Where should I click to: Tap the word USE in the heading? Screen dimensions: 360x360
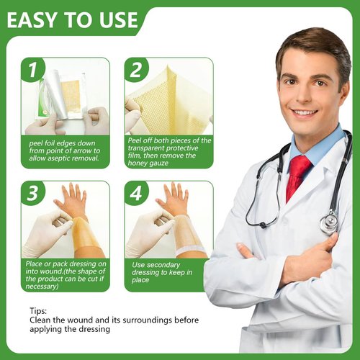point(119,20)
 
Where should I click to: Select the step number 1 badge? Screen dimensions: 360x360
point(33,69)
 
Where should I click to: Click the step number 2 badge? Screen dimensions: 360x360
point(136,69)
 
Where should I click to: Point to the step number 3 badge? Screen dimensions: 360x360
point(33,193)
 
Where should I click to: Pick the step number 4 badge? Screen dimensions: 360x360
point(136,193)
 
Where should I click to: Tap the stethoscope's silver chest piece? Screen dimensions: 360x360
point(330,222)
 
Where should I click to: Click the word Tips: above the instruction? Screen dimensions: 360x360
point(38,311)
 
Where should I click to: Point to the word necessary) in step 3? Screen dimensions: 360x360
point(42,287)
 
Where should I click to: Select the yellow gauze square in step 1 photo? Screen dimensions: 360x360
point(71,94)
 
